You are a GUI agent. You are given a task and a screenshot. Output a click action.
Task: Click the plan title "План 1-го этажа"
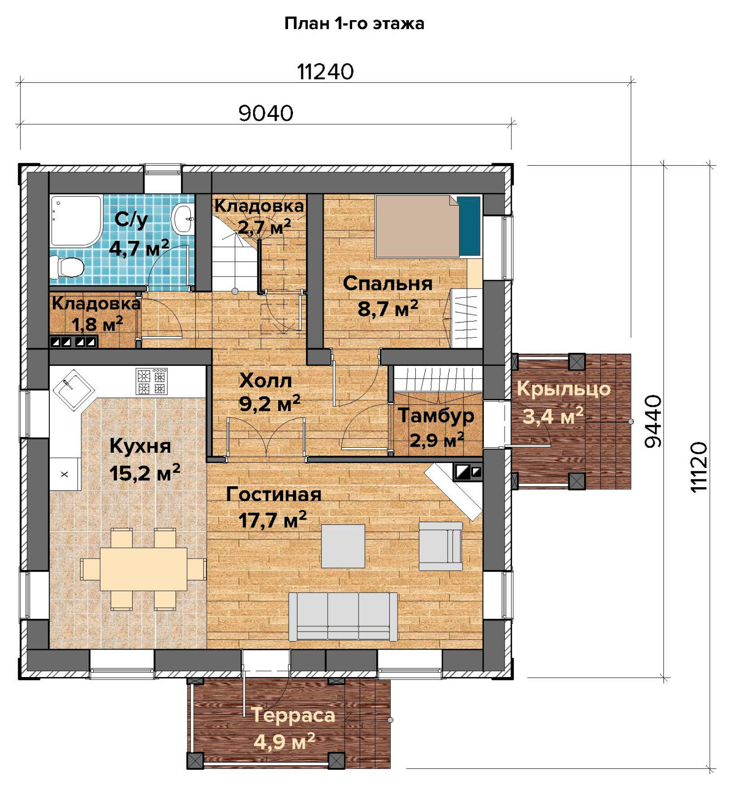click(354, 23)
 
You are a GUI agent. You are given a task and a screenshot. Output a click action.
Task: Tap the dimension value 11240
click(326, 72)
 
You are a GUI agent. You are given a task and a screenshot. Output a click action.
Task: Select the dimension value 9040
click(266, 113)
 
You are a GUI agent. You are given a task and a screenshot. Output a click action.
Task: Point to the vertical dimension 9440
click(653, 421)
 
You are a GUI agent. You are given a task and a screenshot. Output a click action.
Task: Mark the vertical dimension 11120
click(699, 467)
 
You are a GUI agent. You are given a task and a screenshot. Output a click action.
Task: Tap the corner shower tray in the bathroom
click(75, 220)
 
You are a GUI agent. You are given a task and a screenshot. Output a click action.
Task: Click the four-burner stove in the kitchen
click(151, 382)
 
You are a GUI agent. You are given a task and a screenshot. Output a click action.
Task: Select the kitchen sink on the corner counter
click(73, 390)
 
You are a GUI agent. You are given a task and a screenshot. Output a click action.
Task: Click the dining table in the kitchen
click(144, 569)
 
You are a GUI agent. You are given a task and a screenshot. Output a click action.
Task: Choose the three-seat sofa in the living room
click(343, 616)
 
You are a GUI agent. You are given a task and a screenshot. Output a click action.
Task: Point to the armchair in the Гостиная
click(440, 546)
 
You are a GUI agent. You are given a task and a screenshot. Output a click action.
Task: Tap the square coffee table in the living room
click(343, 546)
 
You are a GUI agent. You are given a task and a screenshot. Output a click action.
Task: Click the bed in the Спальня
click(428, 226)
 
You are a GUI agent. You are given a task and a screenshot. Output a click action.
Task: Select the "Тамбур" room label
click(436, 415)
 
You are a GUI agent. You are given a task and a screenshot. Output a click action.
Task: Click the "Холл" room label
click(265, 380)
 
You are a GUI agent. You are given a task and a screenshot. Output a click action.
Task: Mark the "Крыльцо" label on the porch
click(563, 389)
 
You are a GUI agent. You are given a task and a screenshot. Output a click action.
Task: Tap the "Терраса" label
click(293, 715)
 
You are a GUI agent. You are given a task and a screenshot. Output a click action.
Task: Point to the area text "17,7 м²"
click(272, 520)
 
